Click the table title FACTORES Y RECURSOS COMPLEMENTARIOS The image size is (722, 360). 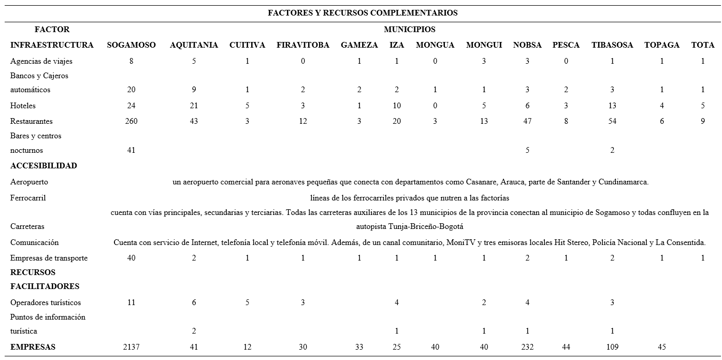pyautogui.click(x=362, y=13)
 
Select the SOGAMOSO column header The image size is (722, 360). pyautogui.click(x=131, y=45)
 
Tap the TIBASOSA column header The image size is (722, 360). pyautogui.click(x=612, y=45)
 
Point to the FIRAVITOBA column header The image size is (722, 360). pyautogui.click(x=303, y=45)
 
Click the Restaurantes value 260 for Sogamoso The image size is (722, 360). pyautogui.click(x=131, y=121)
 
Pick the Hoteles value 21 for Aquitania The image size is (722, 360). pyautogui.click(x=194, y=106)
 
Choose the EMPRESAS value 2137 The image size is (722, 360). pyautogui.click(x=131, y=347)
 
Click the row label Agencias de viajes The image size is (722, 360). pyautogui.click(x=41, y=61)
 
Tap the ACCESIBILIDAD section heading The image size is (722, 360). pyautogui.click(x=44, y=166)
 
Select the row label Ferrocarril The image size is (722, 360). pyautogui.click(x=28, y=198)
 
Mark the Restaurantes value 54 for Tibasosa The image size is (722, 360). pyautogui.click(x=612, y=121)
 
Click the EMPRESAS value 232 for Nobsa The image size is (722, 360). pyautogui.click(x=527, y=347)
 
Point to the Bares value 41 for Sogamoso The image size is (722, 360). pyautogui.click(x=131, y=150)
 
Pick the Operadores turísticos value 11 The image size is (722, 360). pyautogui.click(x=131, y=303)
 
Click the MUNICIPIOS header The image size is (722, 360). pyautogui.click(x=409, y=30)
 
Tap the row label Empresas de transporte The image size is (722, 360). pyautogui.click(x=49, y=258)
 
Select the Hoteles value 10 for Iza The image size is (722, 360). pyautogui.click(x=397, y=106)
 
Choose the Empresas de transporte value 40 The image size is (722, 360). pyautogui.click(x=131, y=258)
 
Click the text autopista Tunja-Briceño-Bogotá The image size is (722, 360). pyautogui.click(x=409, y=226)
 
